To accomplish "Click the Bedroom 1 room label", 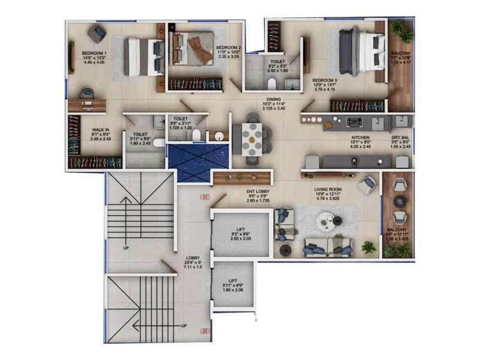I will click(94, 53).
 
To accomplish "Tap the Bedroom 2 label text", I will click(229, 47).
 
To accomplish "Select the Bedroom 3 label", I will click(325, 80).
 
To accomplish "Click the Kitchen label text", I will click(360, 137).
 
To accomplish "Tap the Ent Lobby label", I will click(260, 192).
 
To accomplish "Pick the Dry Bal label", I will click(401, 137).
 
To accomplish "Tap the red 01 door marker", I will click(205, 196).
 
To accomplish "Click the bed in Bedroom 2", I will click(193, 48).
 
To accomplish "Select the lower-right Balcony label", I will click(397, 230).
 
